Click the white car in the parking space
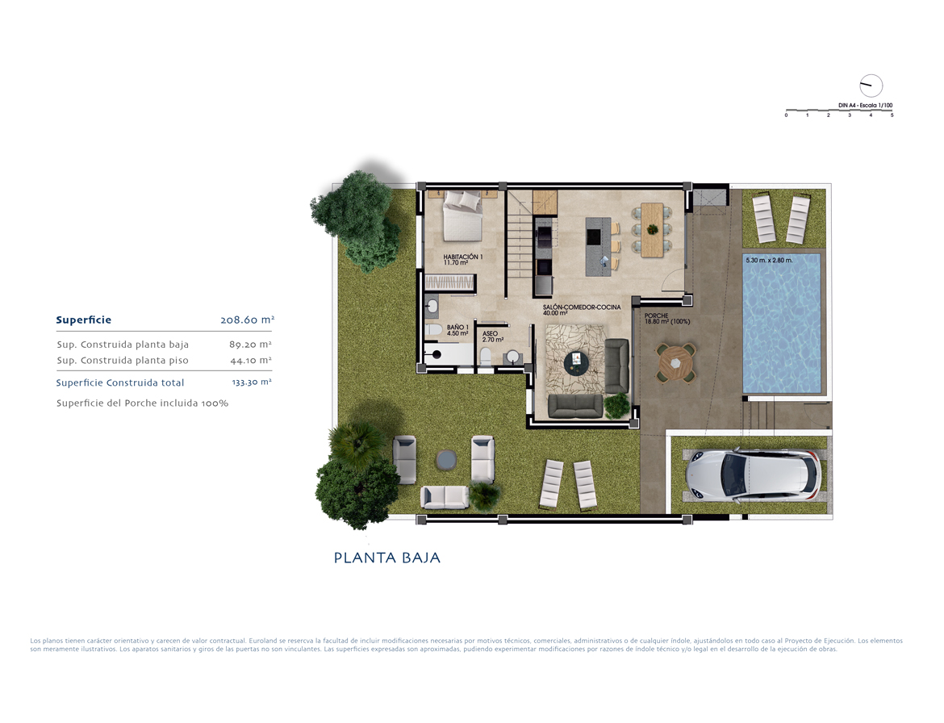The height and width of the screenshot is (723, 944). click(x=754, y=475)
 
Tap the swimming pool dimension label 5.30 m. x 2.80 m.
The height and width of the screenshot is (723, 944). click(x=769, y=261)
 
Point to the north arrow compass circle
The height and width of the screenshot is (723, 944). click(x=871, y=86)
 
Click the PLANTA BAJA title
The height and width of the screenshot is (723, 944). click(x=387, y=558)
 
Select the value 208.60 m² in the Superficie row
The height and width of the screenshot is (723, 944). click(x=248, y=320)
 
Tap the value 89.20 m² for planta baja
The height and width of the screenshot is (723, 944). click(x=250, y=345)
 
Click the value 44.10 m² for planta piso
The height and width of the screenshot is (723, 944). click(x=251, y=360)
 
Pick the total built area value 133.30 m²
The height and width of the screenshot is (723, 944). click(x=252, y=382)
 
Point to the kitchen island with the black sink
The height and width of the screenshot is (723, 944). click(x=598, y=247)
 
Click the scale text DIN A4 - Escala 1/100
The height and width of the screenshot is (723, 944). click(x=865, y=106)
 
